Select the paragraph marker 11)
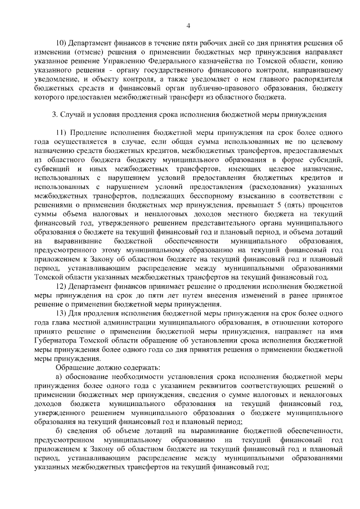[61, 133]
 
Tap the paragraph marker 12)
[61, 286]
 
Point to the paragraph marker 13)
[61, 314]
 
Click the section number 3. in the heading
[55, 115]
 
